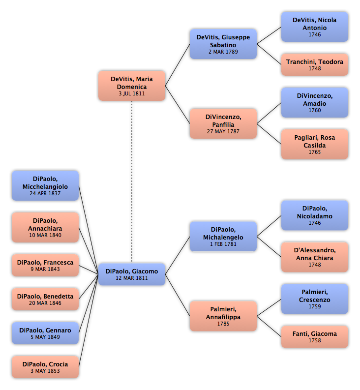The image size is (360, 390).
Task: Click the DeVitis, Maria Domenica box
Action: point(132,86)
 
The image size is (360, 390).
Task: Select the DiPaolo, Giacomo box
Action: point(132,274)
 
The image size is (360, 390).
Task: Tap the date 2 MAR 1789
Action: point(223,52)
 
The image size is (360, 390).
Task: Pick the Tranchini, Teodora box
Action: point(315,64)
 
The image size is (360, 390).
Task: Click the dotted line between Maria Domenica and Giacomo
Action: point(132,182)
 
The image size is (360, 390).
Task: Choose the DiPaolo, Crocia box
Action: point(45,367)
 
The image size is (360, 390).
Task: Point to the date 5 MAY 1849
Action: point(45,337)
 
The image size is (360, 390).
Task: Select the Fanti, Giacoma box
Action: point(315,336)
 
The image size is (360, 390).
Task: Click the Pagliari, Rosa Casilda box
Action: point(315,144)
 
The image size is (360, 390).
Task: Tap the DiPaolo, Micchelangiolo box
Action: point(45,185)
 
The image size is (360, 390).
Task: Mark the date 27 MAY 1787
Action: point(223,131)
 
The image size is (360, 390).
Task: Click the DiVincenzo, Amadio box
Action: point(315,102)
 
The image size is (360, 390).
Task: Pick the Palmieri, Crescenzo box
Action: point(315,299)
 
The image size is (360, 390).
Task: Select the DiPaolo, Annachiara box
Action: point(45,227)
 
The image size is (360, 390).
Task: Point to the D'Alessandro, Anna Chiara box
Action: point(315,257)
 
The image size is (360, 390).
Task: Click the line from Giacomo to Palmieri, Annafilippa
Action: point(178,295)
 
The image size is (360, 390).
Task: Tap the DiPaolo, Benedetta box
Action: point(45,299)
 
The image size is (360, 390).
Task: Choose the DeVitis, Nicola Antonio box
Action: point(315,27)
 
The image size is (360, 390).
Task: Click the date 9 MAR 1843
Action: point(45,269)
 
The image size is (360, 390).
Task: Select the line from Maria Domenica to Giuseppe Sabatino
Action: point(178,65)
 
